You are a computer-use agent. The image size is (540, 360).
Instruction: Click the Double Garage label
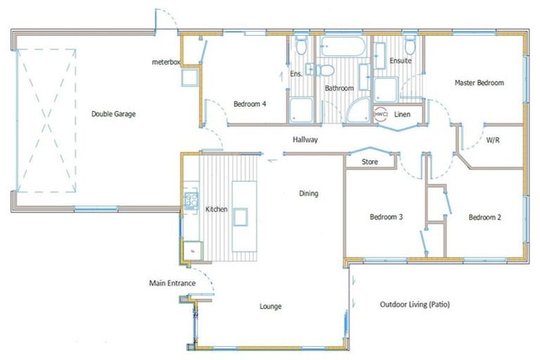click(x=113, y=114)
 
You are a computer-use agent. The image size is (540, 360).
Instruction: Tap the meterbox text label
click(x=166, y=63)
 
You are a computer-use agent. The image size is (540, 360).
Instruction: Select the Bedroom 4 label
click(x=250, y=105)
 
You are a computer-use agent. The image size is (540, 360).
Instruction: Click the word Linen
click(x=402, y=115)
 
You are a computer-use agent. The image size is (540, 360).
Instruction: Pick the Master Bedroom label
click(x=479, y=83)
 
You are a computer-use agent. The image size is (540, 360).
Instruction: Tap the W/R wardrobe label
click(x=494, y=141)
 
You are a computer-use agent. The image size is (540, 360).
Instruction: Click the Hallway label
click(x=305, y=140)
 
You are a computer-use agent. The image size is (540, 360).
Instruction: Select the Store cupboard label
click(x=369, y=162)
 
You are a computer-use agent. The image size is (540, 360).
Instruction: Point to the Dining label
click(x=309, y=193)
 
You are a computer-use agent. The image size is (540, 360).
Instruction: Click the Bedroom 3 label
click(x=386, y=218)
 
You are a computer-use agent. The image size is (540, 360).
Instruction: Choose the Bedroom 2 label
click(x=485, y=218)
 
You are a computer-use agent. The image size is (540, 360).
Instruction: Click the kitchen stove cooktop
click(x=190, y=201)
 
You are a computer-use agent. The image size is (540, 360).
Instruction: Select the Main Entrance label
click(x=172, y=283)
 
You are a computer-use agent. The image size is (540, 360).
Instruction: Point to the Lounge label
click(x=271, y=307)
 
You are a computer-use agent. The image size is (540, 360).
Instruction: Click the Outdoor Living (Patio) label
click(x=414, y=305)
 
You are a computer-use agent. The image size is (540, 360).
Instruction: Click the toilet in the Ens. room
click(x=301, y=46)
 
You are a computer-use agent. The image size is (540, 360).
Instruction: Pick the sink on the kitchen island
click(x=240, y=217)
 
